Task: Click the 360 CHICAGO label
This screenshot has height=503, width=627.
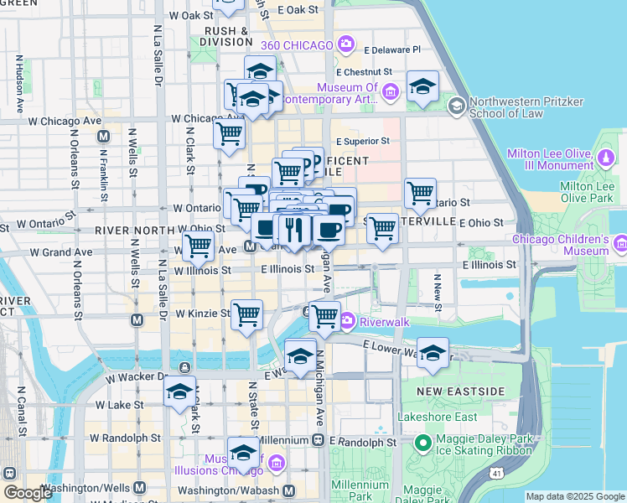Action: [x=297, y=44]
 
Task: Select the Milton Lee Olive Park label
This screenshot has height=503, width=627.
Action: [x=587, y=192]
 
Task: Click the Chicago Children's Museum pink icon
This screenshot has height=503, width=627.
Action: [x=620, y=244]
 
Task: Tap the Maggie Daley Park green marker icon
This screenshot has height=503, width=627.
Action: [x=423, y=442]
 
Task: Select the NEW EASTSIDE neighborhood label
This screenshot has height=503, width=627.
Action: [x=460, y=392]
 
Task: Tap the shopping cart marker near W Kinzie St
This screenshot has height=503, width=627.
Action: [x=247, y=314]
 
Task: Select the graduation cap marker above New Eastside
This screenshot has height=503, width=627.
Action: [x=433, y=352]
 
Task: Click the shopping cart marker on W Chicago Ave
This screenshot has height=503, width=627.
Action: [x=229, y=132]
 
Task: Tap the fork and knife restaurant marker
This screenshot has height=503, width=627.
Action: [x=293, y=229]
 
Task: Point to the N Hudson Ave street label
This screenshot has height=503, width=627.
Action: [x=18, y=84]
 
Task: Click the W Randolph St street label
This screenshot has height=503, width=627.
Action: [x=125, y=438]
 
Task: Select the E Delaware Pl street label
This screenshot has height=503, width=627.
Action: [x=390, y=49]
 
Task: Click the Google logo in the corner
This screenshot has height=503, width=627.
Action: [x=27, y=493]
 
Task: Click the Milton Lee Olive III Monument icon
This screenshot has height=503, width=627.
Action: [x=605, y=156]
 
